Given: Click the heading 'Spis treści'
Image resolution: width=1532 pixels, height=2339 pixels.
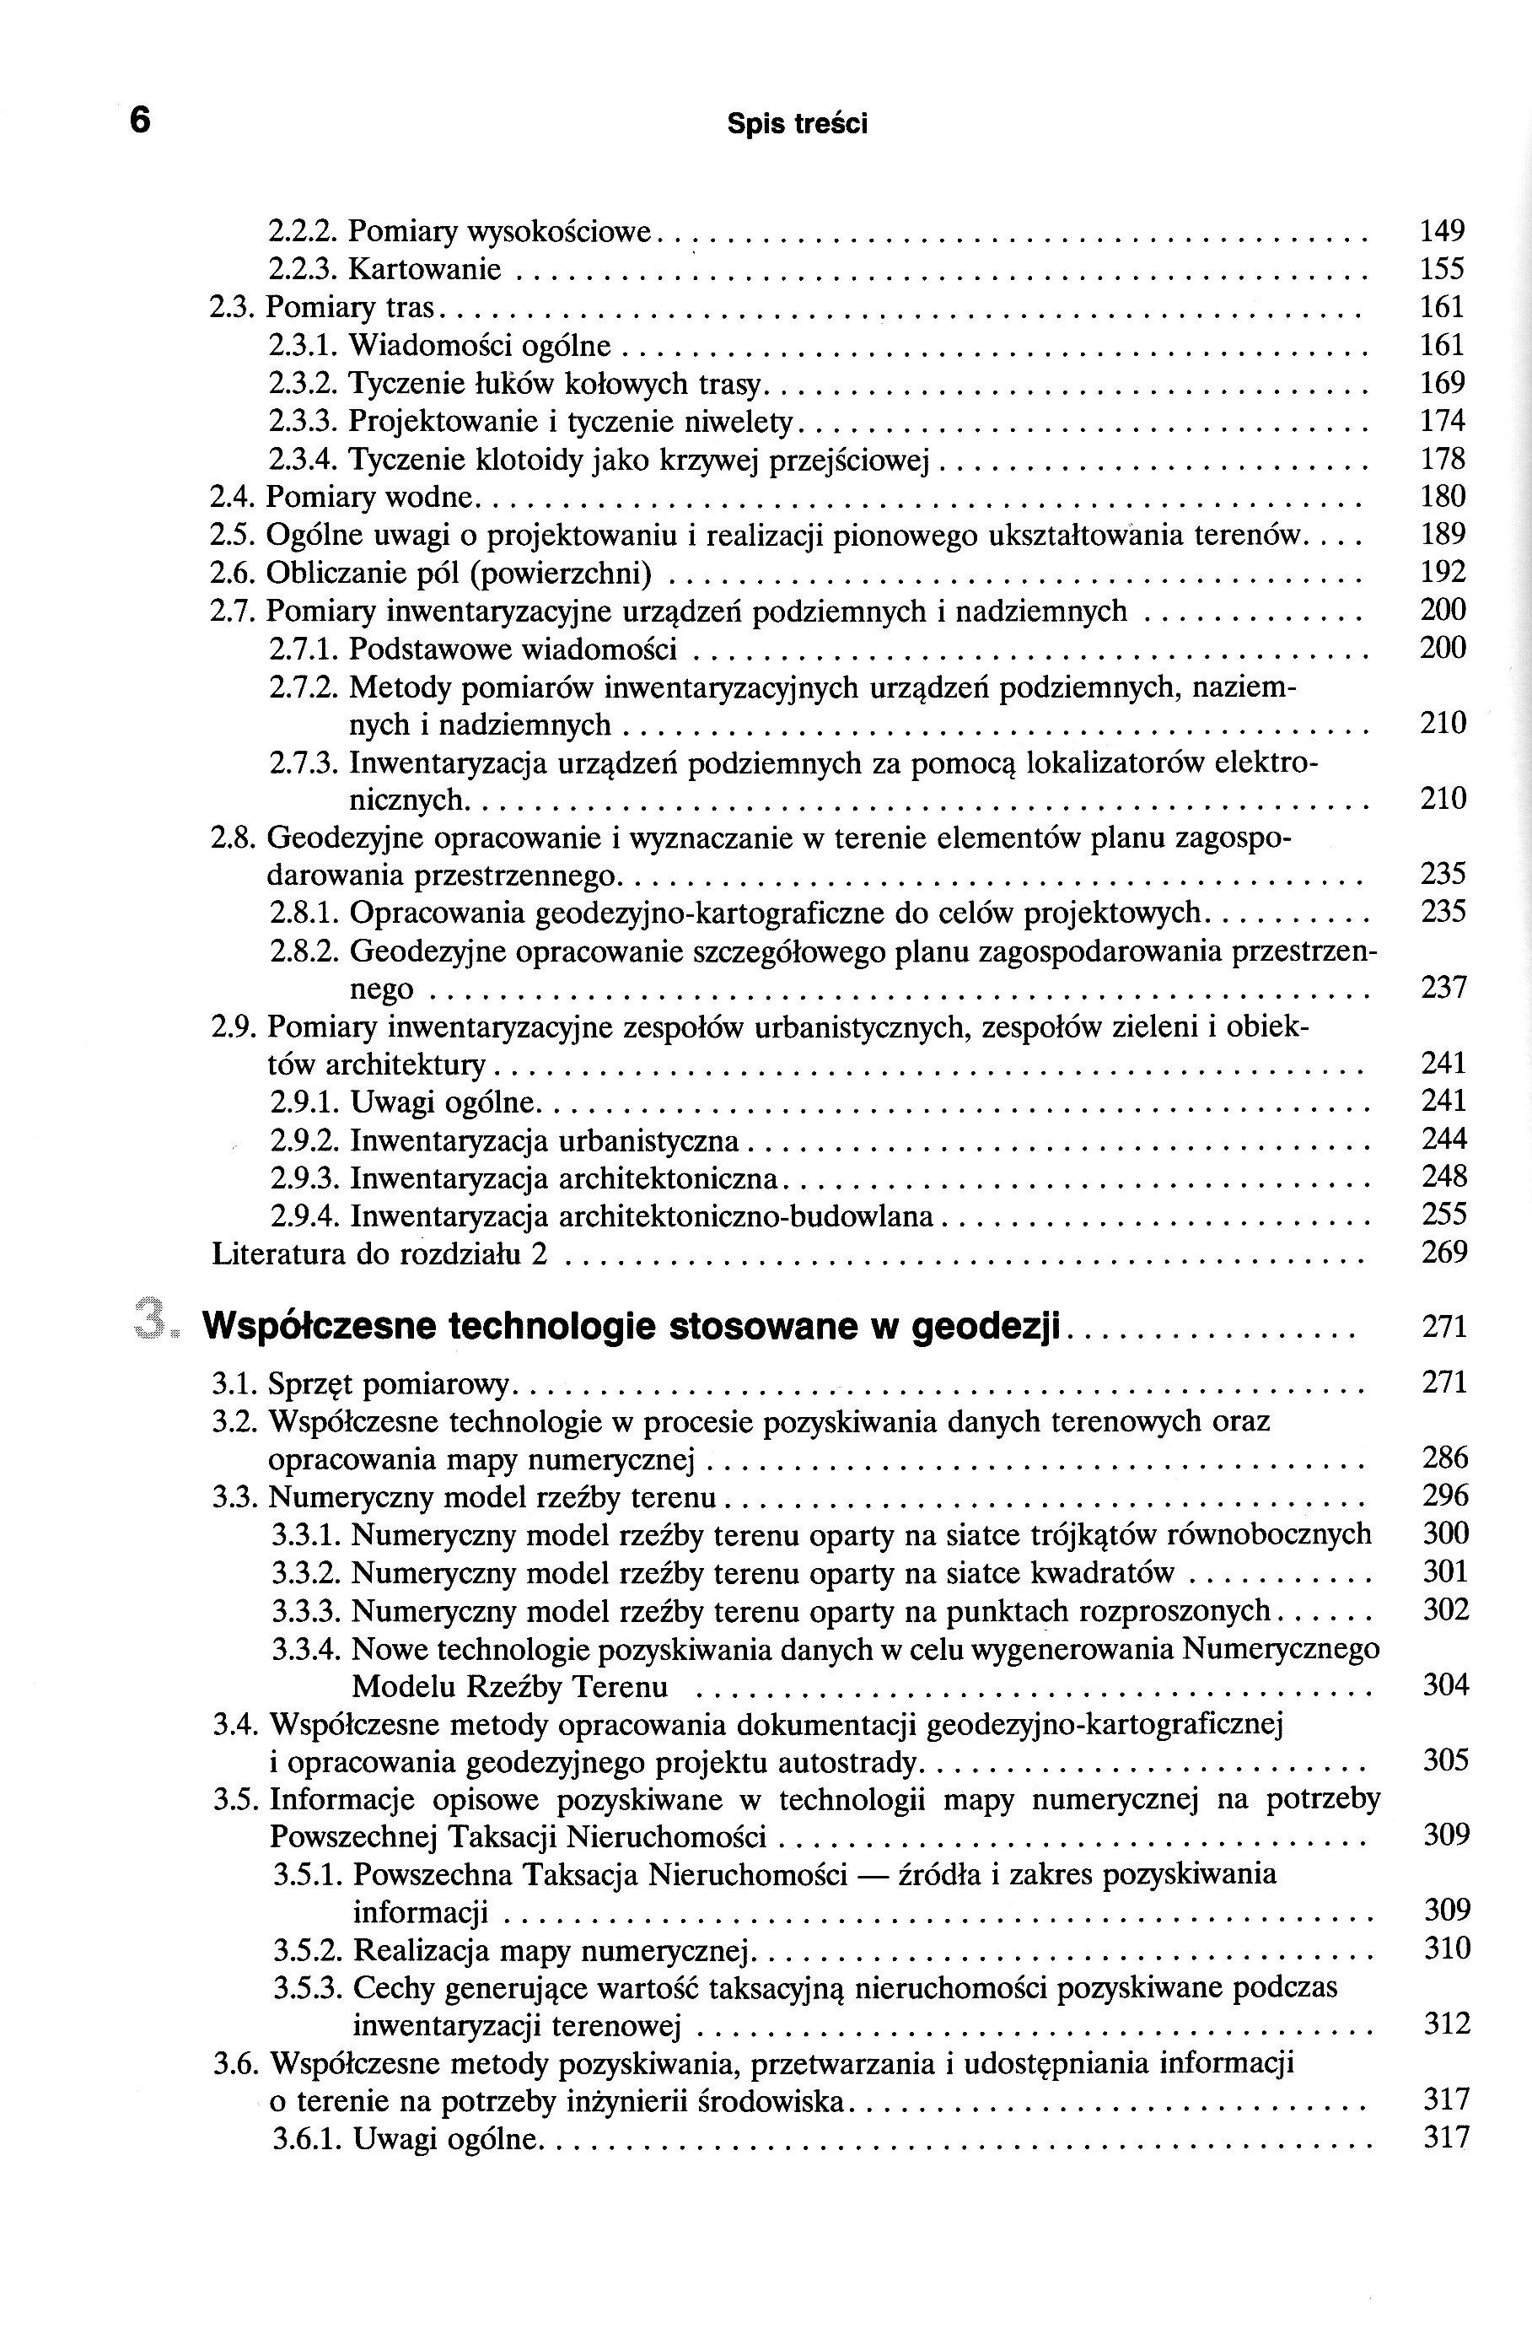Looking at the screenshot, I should pos(797,125).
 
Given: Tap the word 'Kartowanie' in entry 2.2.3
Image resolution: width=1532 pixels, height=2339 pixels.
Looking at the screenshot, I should pos(424,269).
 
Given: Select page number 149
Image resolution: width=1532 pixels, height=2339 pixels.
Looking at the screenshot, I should pos(1442,231).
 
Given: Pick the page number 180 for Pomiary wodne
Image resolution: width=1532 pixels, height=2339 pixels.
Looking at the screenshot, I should pos(1443,496).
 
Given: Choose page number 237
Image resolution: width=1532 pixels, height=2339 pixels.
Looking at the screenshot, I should pos(1443,987).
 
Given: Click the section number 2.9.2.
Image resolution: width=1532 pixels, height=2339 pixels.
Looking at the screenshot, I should pos(304,1141).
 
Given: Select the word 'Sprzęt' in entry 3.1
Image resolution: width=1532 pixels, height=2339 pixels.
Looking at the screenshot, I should pos(310,1385).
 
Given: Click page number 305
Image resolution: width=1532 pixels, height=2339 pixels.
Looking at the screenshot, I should pos(1444,1760).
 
